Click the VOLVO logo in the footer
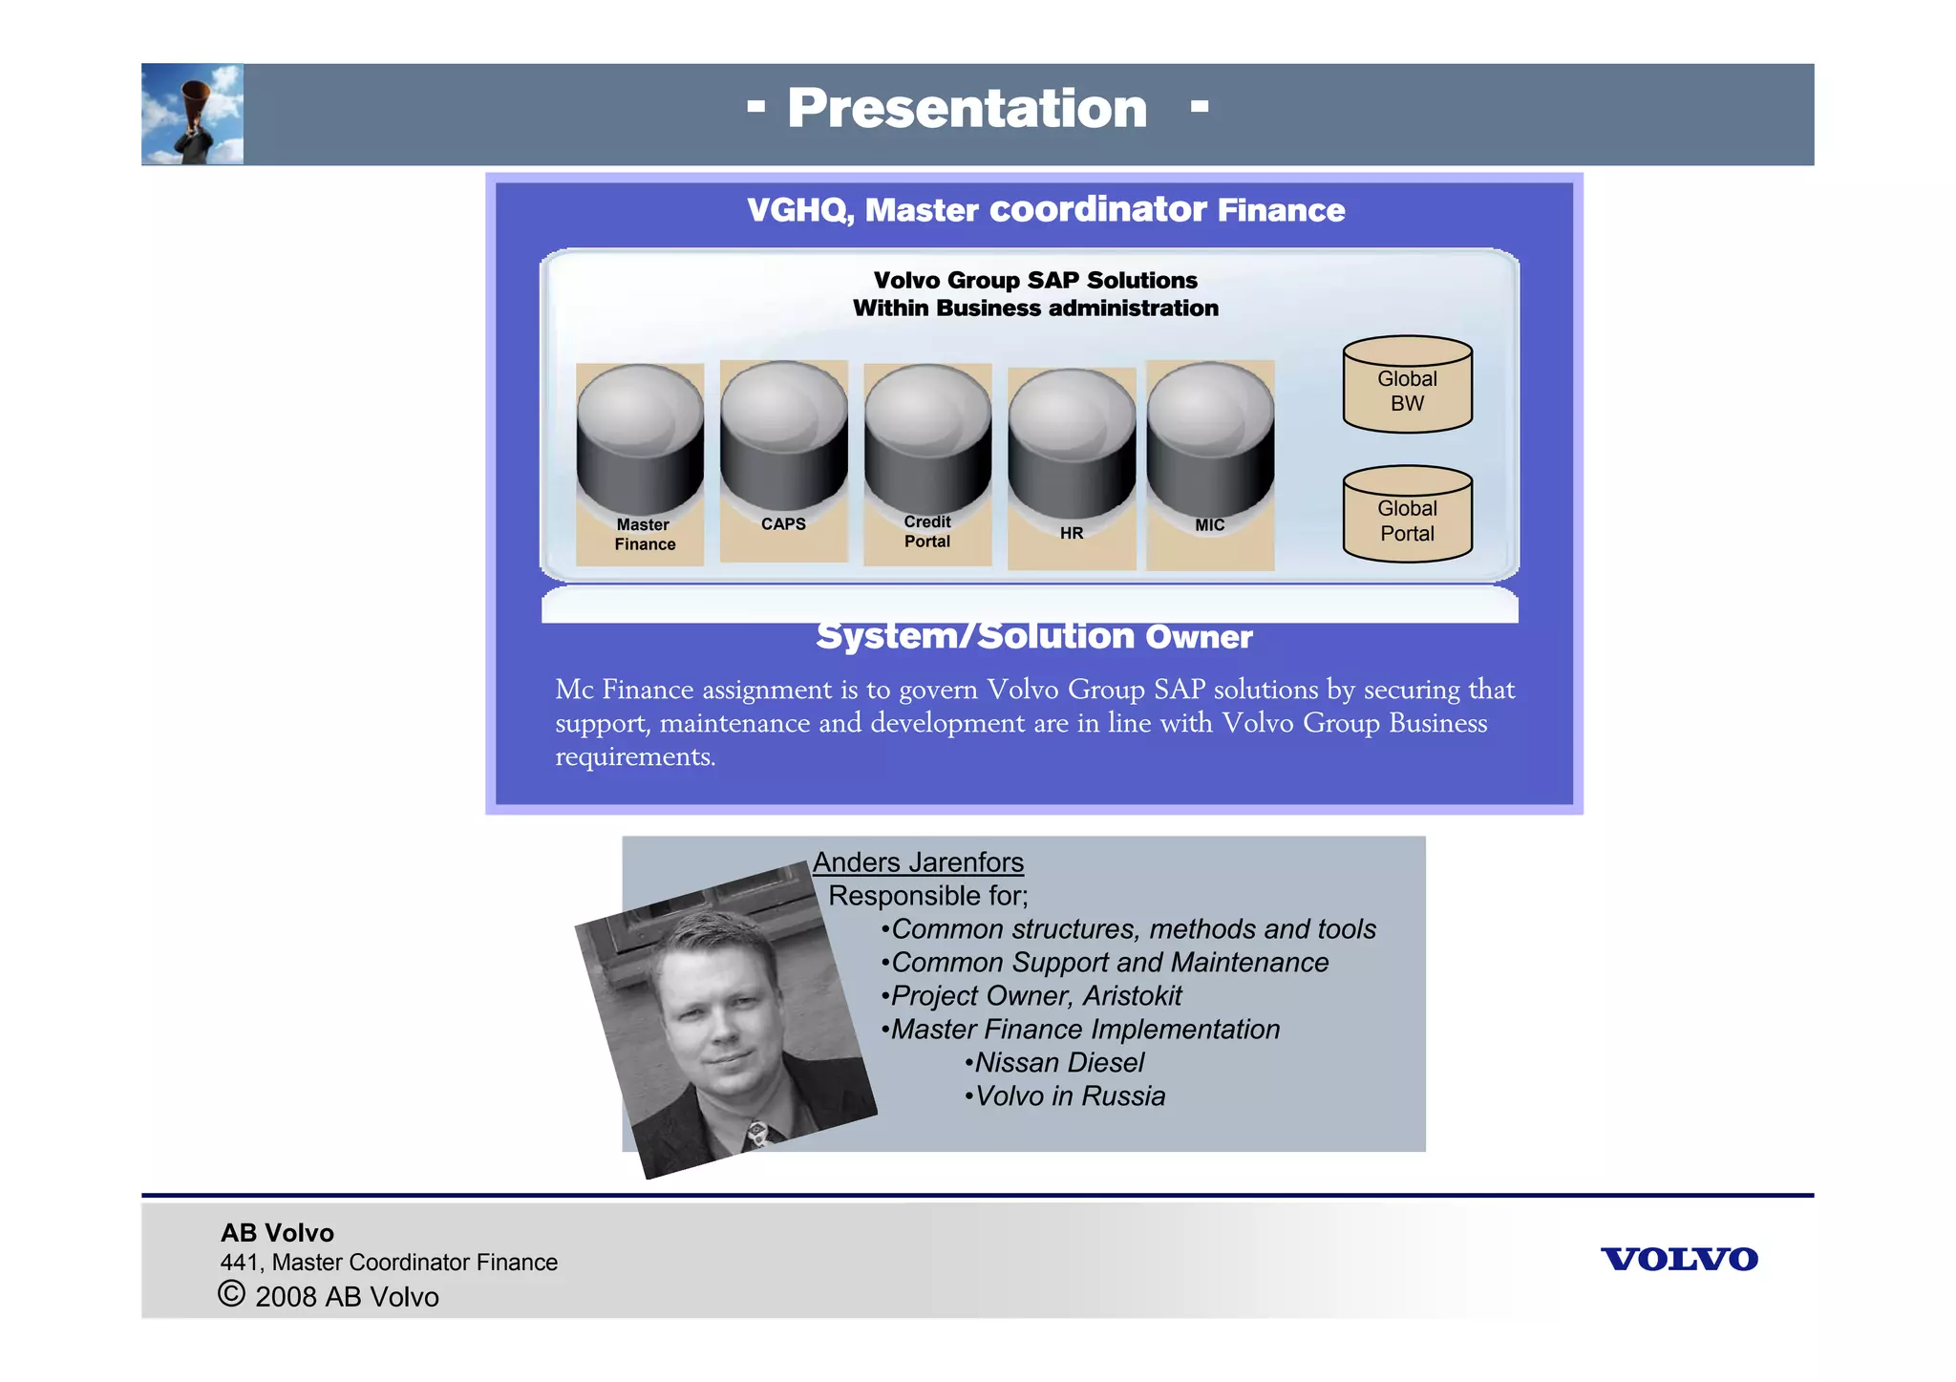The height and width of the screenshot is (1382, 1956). coord(1678,1259)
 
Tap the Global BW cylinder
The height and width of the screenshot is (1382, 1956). coord(1407,386)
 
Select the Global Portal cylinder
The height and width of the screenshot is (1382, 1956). coord(1407,516)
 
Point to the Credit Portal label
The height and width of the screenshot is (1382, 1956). coord(926,532)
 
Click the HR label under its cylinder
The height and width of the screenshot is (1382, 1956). coord(1071,533)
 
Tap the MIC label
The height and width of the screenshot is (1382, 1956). coord(1209,525)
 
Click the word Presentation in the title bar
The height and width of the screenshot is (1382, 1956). coord(967,108)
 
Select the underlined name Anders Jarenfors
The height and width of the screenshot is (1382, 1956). coord(918,862)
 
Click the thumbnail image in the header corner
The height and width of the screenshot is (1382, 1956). coord(193,115)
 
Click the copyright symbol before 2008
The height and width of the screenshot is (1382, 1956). coord(231,1294)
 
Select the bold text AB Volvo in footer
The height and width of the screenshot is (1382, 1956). coord(277,1233)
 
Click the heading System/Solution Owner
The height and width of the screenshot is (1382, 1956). coord(1033,637)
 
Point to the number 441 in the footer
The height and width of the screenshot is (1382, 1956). coord(240,1263)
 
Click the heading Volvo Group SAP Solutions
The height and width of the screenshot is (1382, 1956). coord(1035,280)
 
